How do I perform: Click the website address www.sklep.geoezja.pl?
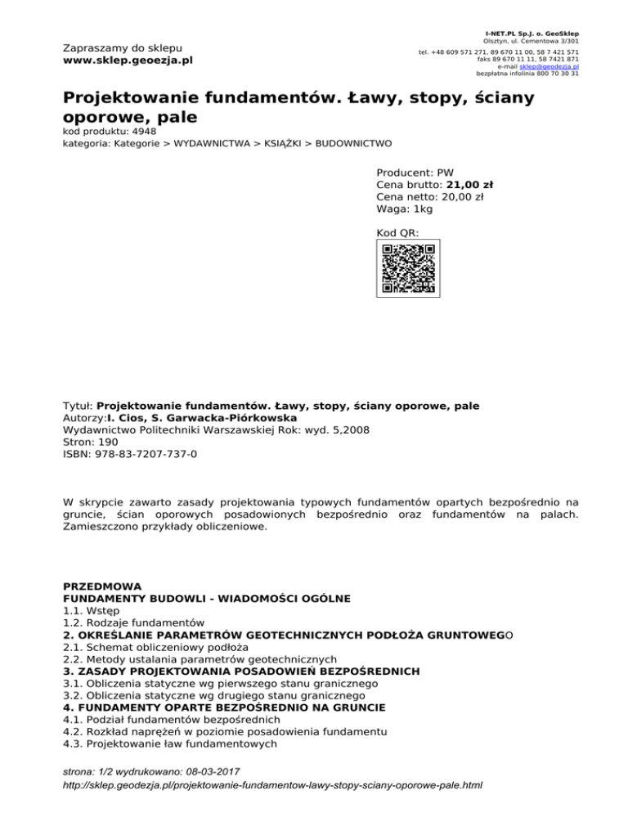(x=128, y=61)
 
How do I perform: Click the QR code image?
(x=407, y=268)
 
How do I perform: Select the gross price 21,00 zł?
(x=469, y=185)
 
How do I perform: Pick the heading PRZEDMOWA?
(x=101, y=586)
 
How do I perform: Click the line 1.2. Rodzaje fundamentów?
(x=133, y=622)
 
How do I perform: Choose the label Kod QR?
(x=397, y=234)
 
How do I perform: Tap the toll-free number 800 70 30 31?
(x=555, y=73)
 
